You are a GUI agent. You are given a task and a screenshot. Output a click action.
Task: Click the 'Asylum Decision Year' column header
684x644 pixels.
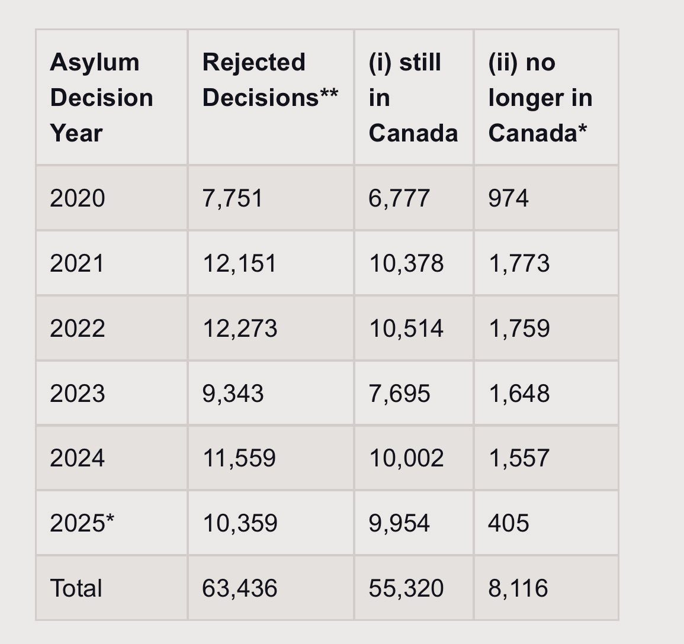(x=101, y=98)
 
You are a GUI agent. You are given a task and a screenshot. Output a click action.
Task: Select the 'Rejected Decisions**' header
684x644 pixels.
(x=270, y=80)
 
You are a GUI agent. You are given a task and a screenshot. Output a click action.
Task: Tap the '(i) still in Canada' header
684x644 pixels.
(x=413, y=98)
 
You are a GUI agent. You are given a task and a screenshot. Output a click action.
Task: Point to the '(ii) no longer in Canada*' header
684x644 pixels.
(x=540, y=98)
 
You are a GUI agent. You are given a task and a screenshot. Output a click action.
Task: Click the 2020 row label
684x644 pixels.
(x=78, y=198)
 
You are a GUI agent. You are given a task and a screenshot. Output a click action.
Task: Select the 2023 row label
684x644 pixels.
(x=78, y=394)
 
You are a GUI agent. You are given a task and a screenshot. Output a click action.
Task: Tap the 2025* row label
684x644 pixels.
(x=82, y=523)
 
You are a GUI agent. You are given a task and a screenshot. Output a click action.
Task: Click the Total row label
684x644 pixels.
(x=76, y=588)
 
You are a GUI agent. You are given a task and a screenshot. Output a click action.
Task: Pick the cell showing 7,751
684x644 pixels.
(x=233, y=198)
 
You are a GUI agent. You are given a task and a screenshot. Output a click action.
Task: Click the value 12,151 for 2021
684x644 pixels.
(x=239, y=263)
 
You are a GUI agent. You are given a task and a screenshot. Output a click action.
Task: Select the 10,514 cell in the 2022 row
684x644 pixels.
(x=406, y=329)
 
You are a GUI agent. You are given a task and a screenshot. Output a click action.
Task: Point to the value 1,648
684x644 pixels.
(x=519, y=394)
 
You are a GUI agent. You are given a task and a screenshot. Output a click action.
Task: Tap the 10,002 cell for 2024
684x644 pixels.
(x=406, y=458)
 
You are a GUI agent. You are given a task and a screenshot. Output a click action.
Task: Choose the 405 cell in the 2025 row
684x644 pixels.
(x=508, y=523)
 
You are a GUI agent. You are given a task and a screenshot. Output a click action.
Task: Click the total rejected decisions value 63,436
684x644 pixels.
(x=239, y=588)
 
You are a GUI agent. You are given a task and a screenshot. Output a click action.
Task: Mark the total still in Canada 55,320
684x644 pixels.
(x=406, y=588)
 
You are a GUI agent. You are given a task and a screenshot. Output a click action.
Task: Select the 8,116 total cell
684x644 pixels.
(x=518, y=588)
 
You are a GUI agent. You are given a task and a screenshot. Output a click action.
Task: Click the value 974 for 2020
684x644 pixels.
(x=508, y=198)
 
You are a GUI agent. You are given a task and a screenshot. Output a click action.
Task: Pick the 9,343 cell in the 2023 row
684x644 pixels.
(x=233, y=394)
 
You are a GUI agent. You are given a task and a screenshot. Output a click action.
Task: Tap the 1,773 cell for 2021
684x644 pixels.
(x=519, y=263)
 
